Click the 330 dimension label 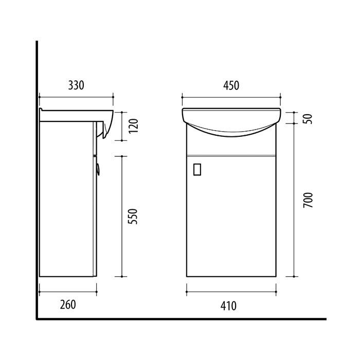pyautogui.click(x=76, y=85)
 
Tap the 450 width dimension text pyautogui.click(x=231, y=85)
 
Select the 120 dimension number pyautogui.click(x=133, y=126)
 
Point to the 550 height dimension pyautogui.click(x=133, y=217)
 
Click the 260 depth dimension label pyautogui.click(x=68, y=304)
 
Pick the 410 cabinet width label pyautogui.click(x=228, y=306)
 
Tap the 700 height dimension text pyautogui.click(x=308, y=200)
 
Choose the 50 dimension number pyautogui.click(x=309, y=119)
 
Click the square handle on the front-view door pyautogui.click(x=197, y=169)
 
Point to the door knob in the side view pyautogui.click(x=98, y=169)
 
